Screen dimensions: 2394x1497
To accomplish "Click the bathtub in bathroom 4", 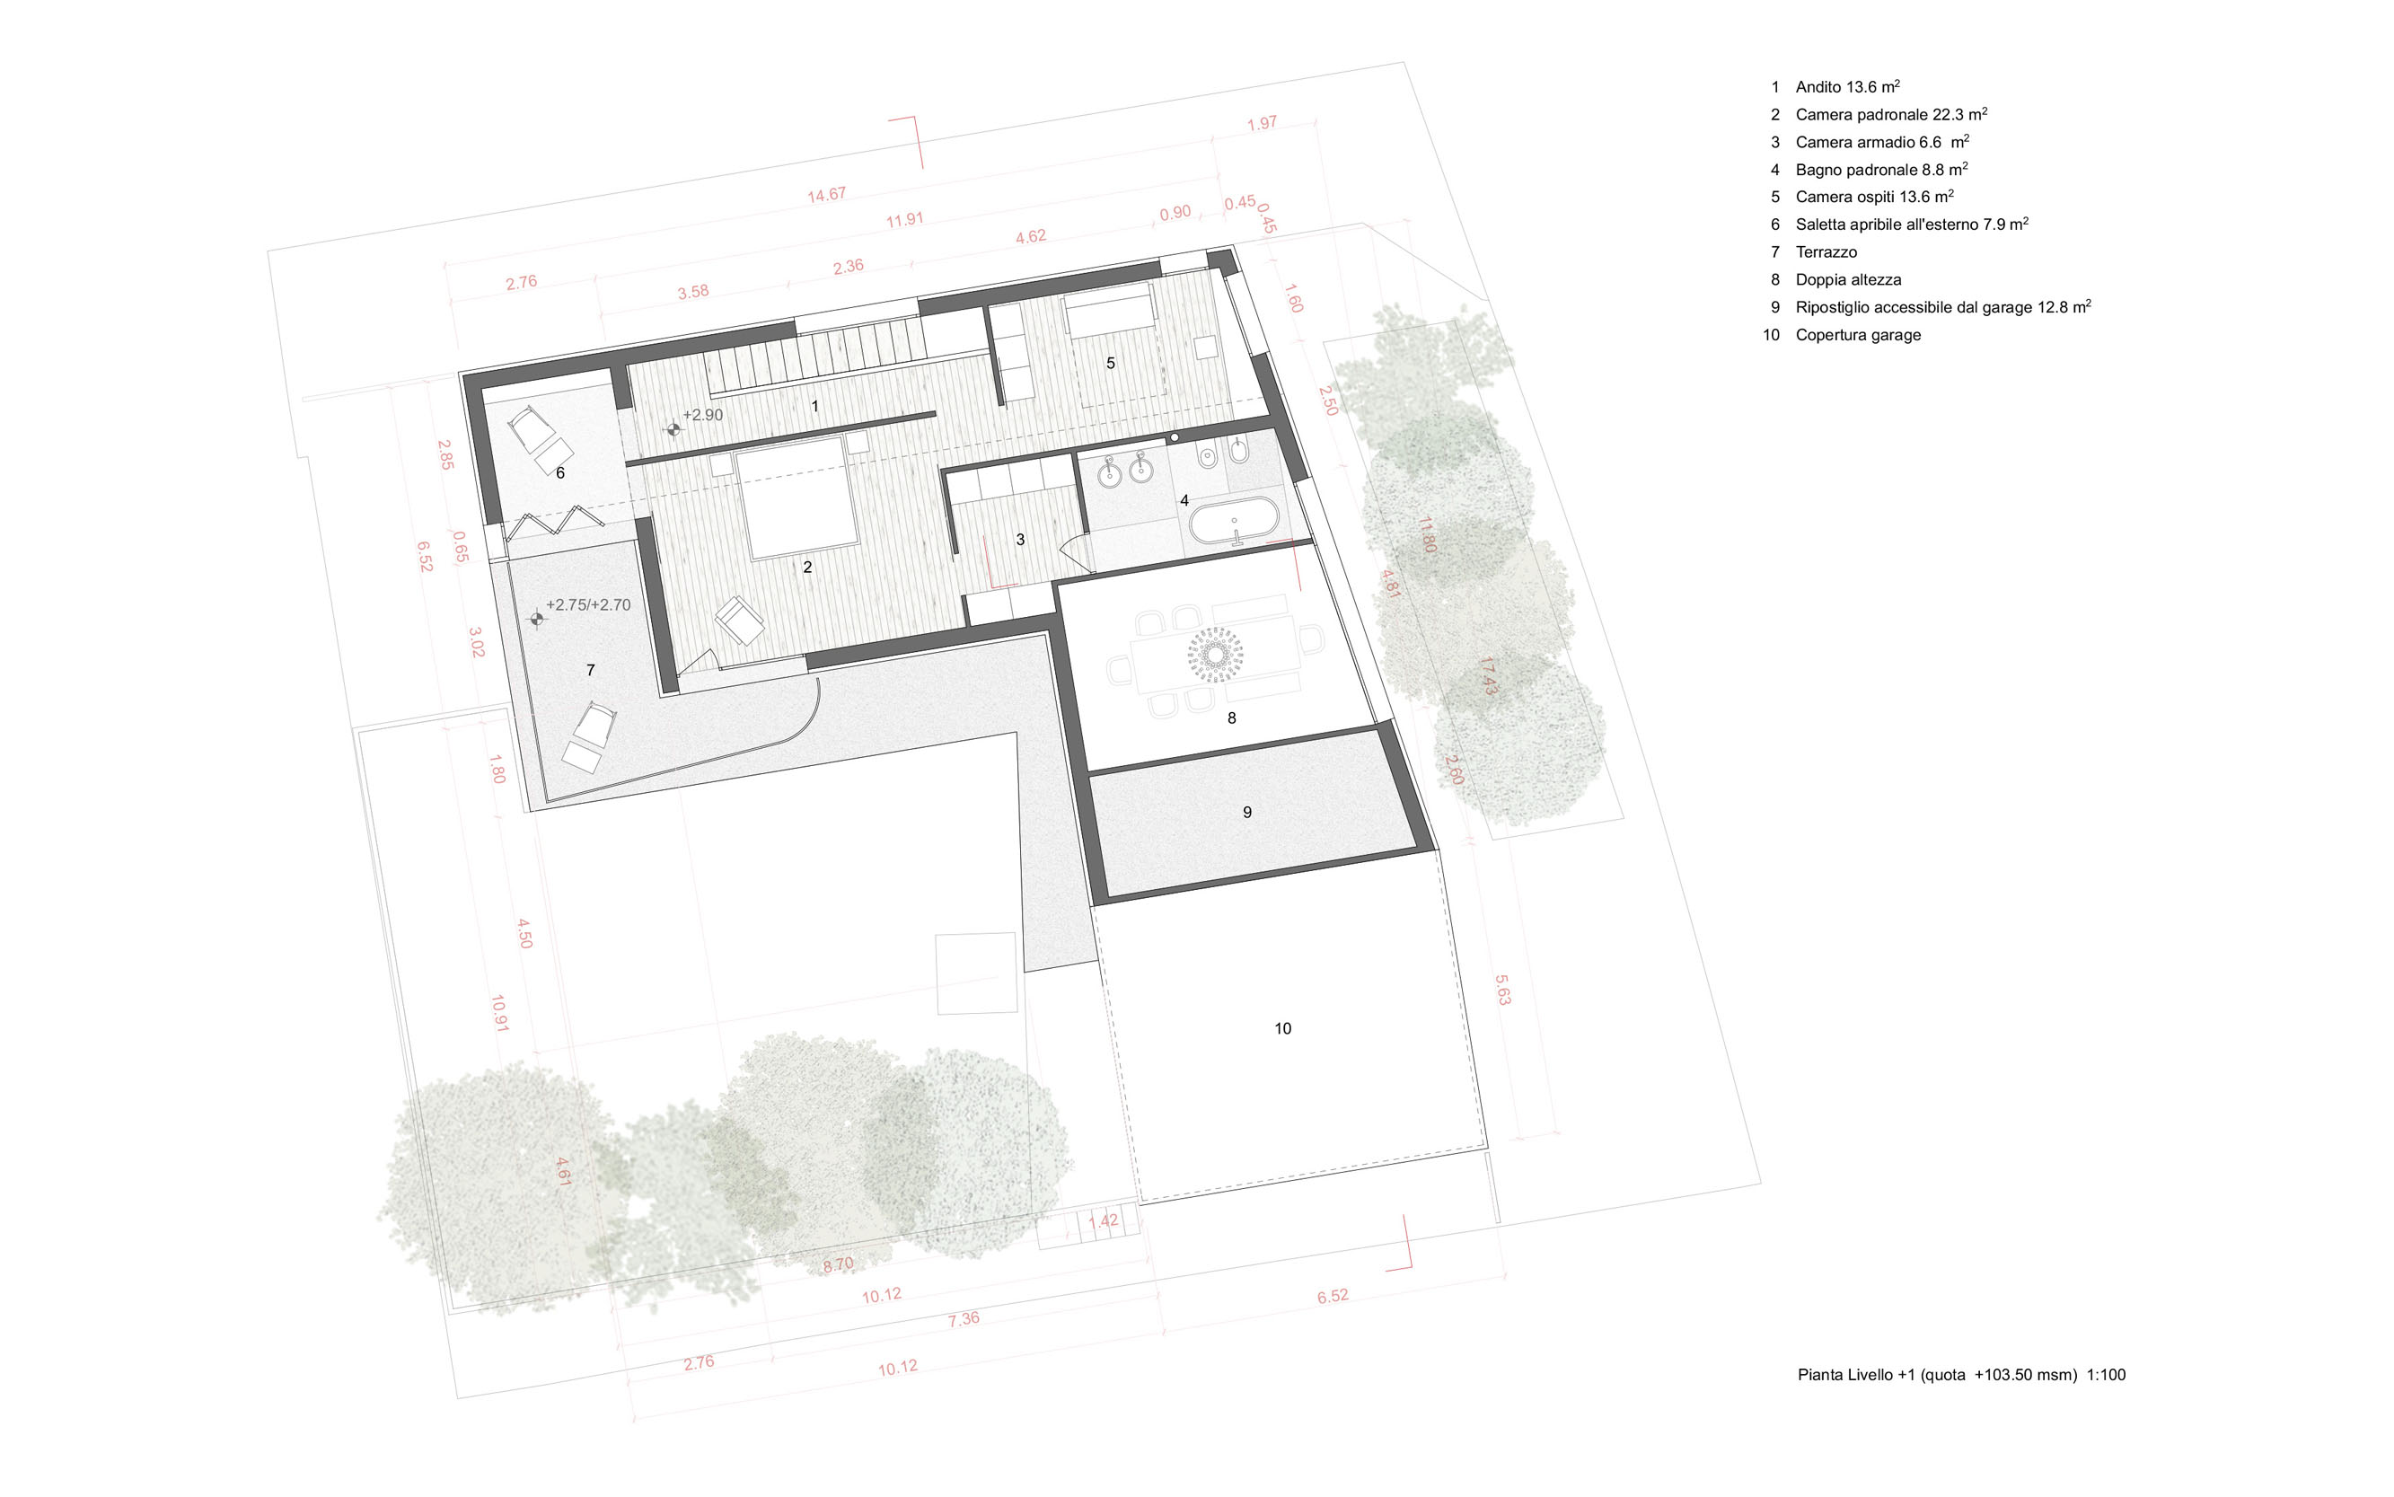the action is [1233, 523].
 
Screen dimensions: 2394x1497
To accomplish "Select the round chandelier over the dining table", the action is [1215, 655].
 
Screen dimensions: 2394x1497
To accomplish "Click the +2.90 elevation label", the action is [703, 415].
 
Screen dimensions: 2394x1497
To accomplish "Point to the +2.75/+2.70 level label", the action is [588, 605].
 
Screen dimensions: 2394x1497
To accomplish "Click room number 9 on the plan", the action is [1246, 812].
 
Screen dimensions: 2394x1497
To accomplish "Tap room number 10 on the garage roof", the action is [1282, 1029].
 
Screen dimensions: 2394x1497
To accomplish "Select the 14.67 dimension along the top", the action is [826, 195].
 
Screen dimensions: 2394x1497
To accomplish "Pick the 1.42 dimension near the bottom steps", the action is [1103, 1220].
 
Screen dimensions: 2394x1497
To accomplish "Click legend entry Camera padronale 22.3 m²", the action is [1891, 114].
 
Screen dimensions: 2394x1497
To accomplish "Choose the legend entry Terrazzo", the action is [1826, 251].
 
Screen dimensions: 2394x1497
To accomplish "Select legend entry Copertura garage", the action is [1857, 335].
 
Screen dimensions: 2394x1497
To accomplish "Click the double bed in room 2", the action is [797, 499].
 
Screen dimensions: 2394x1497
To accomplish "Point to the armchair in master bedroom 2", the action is [740, 621].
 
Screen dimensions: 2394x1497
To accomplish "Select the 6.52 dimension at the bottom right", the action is [1332, 1296].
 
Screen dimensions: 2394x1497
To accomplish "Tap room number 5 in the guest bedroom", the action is [1110, 364].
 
